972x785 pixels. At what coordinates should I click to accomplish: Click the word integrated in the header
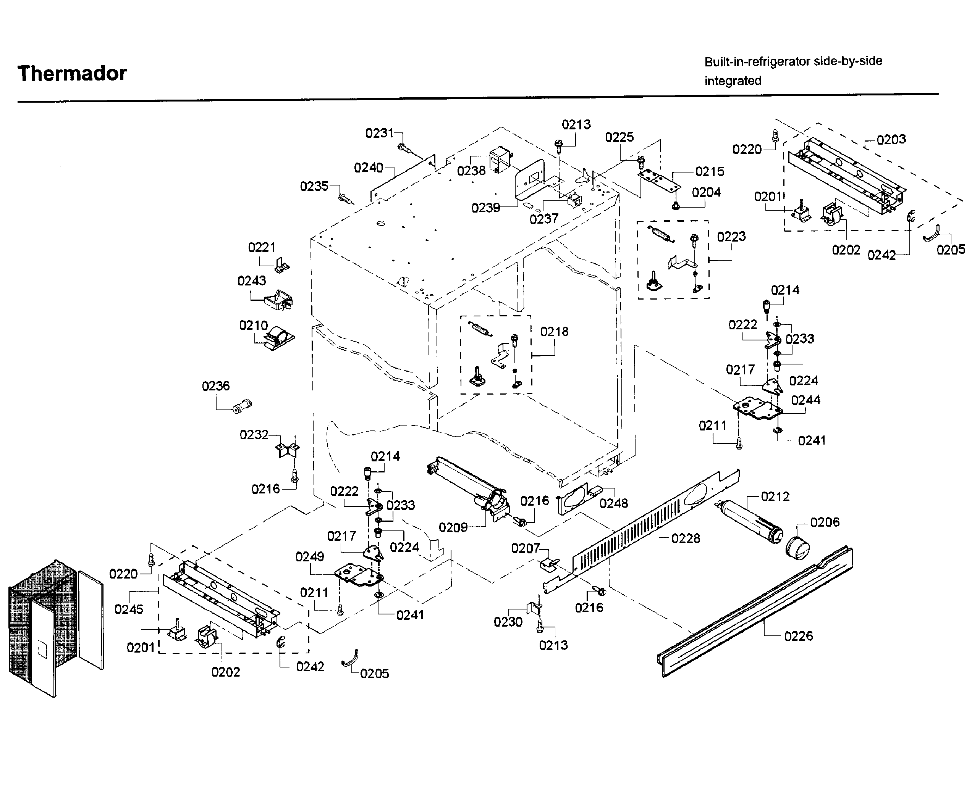[733, 81]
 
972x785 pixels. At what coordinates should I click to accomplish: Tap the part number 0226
[798, 636]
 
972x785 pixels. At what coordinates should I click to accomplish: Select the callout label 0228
[686, 538]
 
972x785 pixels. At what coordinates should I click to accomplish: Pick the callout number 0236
[215, 386]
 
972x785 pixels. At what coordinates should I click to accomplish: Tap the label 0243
[252, 281]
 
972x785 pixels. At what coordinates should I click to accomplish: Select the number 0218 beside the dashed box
[554, 332]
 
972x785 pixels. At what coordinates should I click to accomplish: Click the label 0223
[731, 237]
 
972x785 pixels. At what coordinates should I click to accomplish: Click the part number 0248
[614, 503]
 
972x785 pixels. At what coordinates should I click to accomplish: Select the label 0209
[453, 527]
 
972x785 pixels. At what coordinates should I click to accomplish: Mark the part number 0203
[891, 139]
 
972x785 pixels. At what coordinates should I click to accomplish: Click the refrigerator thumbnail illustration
[55, 629]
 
